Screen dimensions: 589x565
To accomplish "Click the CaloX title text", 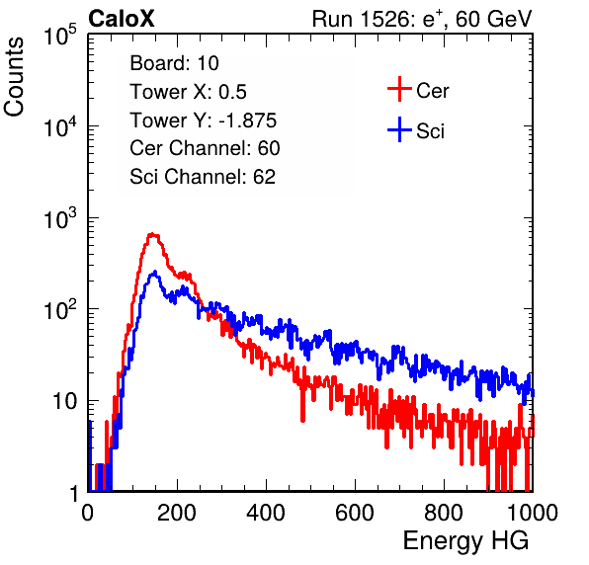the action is pos(122,19).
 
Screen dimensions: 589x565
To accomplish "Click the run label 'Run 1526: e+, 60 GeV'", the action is pos(422,19).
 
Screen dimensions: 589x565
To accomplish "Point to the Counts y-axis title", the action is pos(14,77).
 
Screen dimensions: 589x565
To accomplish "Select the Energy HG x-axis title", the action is pos(465,541).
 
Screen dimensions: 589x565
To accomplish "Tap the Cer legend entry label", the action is pos(433,91).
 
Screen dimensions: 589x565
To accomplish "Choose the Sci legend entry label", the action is pos(431,131).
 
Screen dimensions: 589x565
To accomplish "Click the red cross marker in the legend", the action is pos(399,89).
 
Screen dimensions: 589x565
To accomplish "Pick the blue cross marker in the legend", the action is pos(399,129).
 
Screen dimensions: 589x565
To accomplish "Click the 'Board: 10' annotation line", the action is pos(174,63).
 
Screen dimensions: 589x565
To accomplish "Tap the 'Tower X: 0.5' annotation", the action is pos(188,92).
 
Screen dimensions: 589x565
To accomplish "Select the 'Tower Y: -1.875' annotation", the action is pos(204,121).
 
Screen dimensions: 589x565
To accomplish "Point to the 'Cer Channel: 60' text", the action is pos(205,148).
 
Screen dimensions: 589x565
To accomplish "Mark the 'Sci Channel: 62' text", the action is pos(203,177).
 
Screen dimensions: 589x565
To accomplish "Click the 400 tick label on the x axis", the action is pos(266,513).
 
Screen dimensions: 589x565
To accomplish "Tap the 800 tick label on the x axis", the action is pos(444,513).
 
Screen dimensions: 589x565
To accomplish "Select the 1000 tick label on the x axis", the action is pos(533,513).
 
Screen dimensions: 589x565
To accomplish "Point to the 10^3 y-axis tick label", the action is pos(60,217).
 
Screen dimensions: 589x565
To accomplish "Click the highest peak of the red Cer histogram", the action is pos(152,234).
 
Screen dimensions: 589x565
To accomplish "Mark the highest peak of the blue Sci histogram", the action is pos(154,273).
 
